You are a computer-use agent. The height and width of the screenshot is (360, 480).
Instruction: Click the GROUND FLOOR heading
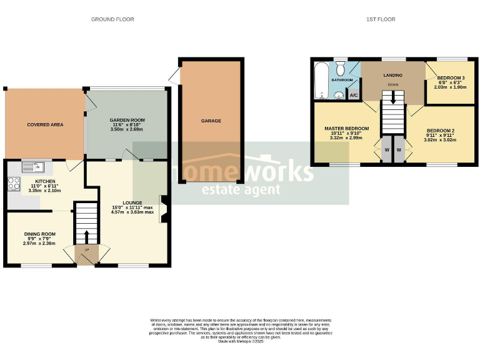(112, 19)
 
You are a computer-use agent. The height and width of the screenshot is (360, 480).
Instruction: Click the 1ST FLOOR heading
(380, 19)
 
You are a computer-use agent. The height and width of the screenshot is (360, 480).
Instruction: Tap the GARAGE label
(211, 121)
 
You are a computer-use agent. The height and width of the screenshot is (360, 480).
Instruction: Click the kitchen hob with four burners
(14, 184)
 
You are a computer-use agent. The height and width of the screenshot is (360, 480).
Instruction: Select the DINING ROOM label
(39, 234)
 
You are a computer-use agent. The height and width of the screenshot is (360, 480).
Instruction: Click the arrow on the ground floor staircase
(86, 236)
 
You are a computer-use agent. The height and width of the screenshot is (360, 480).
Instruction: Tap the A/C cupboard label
(352, 96)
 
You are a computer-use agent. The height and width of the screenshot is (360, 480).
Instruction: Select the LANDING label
(392, 76)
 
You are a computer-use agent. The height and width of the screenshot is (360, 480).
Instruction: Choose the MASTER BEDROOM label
(346, 129)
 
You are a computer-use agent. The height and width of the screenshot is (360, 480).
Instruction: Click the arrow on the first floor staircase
(392, 97)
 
